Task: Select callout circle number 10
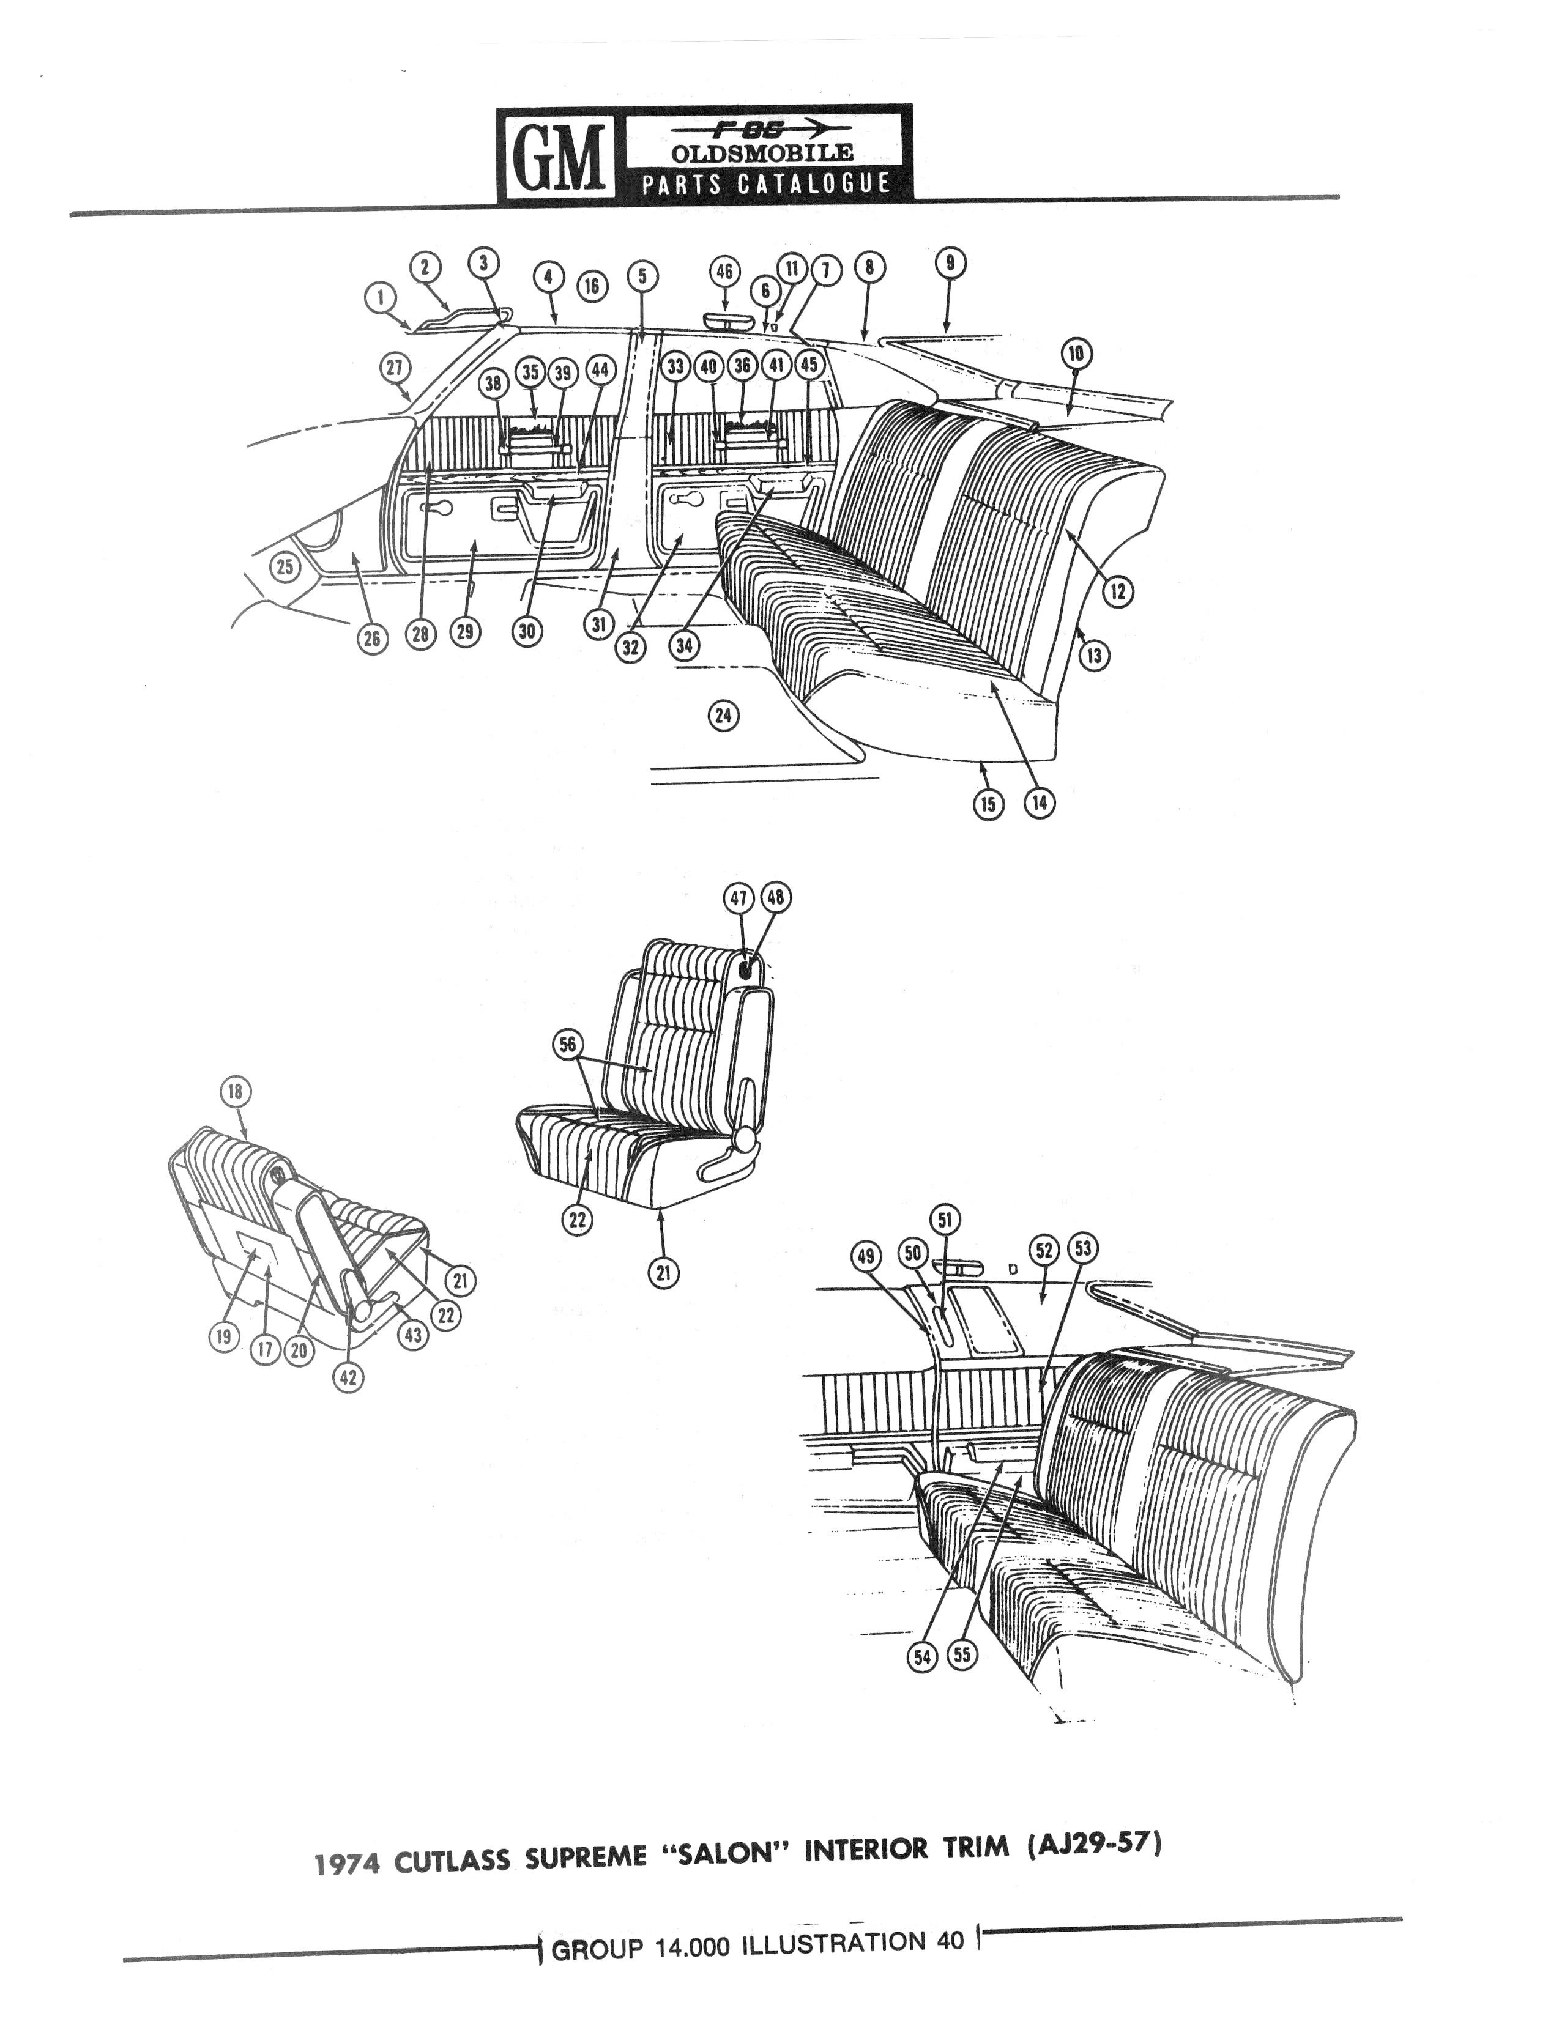click(1076, 354)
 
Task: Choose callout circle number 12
click(1119, 591)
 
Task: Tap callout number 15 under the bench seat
click(988, 804)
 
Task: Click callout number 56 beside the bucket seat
click(567, 1045)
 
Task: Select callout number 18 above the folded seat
click(235, 1092)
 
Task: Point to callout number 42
click(348, 1377)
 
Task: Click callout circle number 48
click(776, 897)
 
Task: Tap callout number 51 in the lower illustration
click(945, 1220)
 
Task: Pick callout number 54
click(923, 1657)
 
